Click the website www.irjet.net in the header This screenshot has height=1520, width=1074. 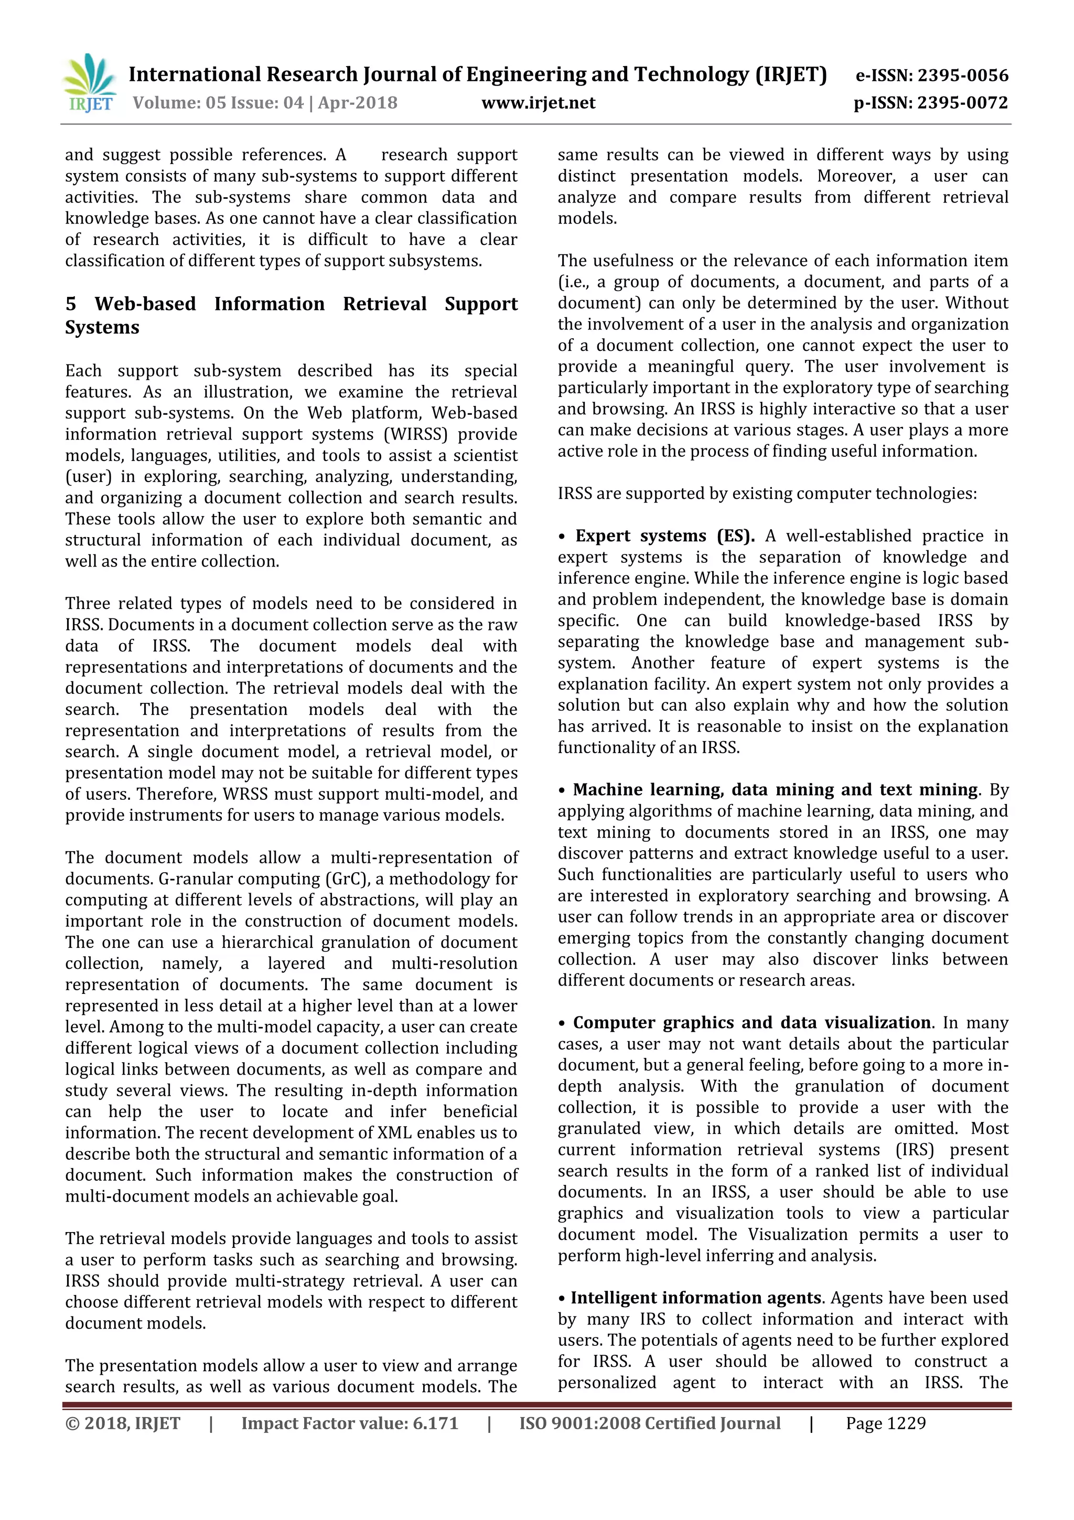(538, 103)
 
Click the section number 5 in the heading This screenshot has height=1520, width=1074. (71, 304)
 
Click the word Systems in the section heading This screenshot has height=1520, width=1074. (102, 328)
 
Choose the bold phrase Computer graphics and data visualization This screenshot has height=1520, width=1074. (751, 1023)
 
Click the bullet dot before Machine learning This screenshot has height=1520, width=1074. (562, 790)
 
